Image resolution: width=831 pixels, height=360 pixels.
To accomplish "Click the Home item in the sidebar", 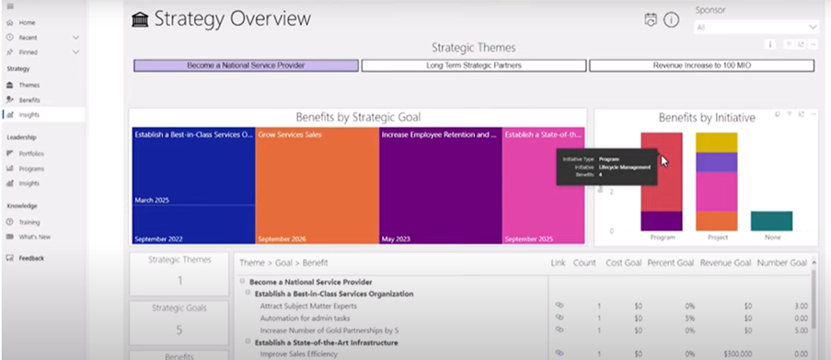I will click(26, 21).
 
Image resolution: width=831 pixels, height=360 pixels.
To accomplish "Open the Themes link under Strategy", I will click(29, 85).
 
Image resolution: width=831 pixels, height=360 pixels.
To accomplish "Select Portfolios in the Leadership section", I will click(31, 153).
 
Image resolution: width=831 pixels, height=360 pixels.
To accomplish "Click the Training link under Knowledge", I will click(29, 222).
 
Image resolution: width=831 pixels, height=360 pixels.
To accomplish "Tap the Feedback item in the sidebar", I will click(30, 258).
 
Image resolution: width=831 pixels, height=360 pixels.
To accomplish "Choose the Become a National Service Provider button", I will click(245, 66).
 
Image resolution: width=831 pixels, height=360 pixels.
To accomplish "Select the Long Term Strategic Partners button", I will click(473, 66).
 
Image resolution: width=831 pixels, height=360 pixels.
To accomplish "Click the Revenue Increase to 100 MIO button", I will click(701, 66).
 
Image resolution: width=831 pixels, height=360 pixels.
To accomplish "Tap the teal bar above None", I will click(770, 221).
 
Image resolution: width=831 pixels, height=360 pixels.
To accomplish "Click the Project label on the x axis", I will click(716, 238).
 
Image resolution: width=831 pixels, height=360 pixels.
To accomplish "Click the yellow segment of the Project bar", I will click(716, 142).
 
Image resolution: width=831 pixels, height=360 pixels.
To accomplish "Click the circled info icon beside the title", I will click(672, 19).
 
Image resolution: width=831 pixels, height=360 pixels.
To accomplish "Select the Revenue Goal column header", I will click(728, 263).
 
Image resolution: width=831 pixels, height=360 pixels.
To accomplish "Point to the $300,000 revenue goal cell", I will click(734, 352).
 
